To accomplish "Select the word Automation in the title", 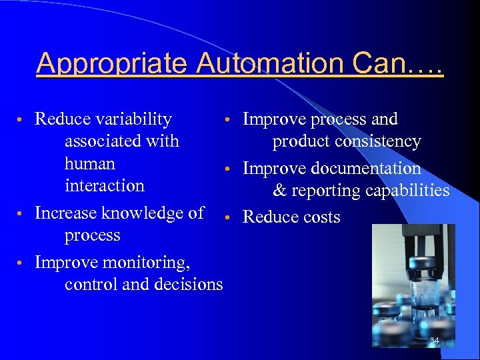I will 273,63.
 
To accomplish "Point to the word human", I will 90,163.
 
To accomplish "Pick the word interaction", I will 105,185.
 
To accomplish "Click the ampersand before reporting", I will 280,191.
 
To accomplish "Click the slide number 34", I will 434,341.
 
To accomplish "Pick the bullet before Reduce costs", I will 227,217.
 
